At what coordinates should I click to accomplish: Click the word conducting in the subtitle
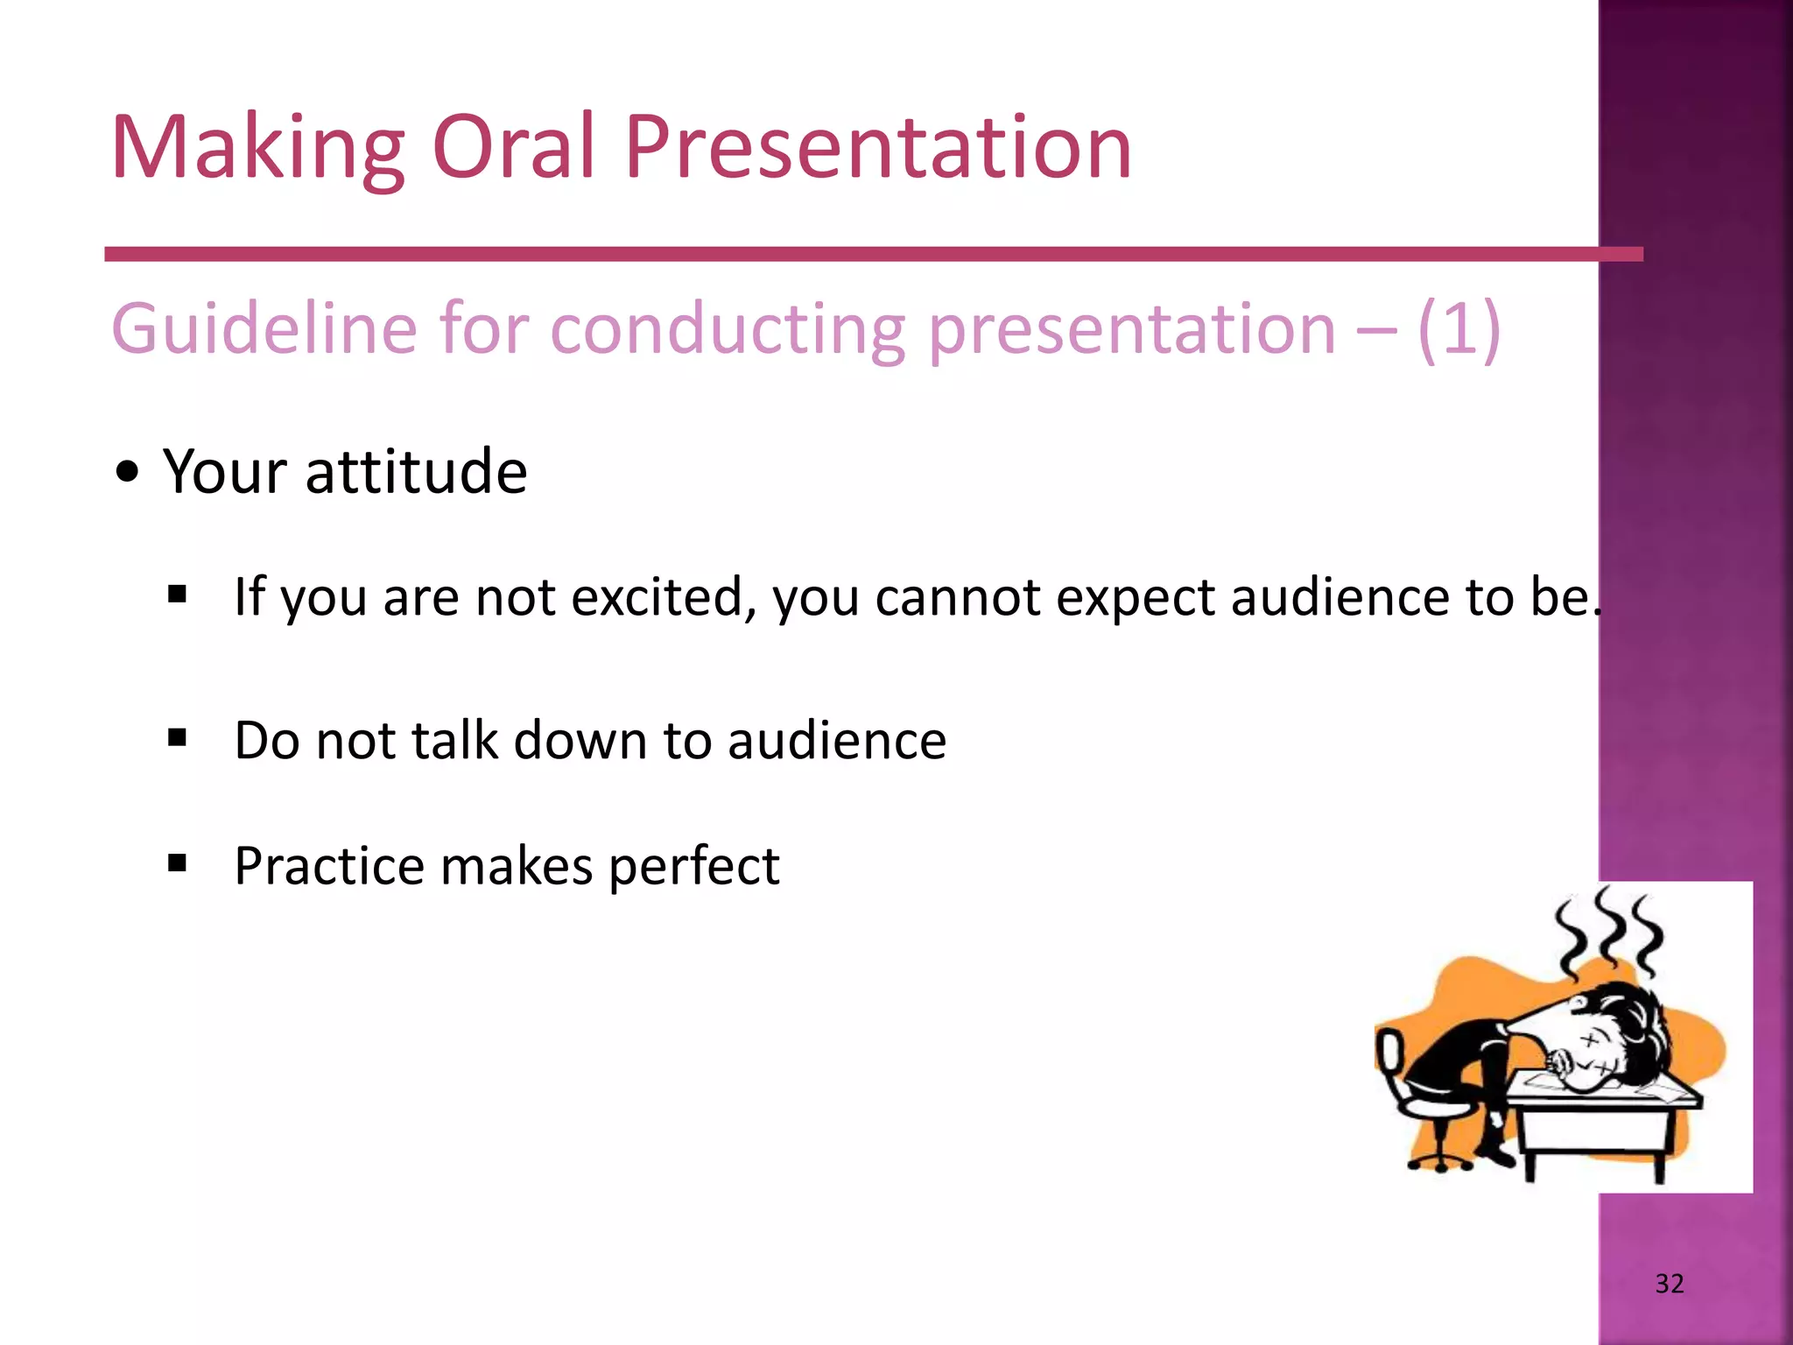point(728,331)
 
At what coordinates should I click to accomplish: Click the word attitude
point(416,472)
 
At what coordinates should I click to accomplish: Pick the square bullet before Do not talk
point(178,738)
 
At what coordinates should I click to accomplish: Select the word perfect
point(693,868)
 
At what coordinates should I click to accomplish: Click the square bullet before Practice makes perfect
point(178,864)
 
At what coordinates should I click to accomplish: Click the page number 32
point(1669,1284)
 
